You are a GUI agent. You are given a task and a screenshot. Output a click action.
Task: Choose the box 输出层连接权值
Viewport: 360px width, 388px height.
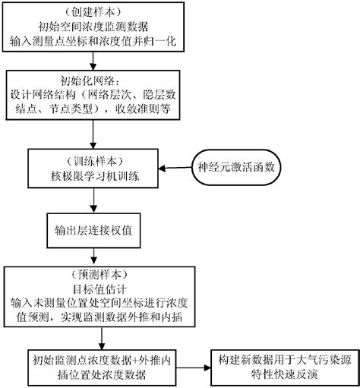(x=92, y=228)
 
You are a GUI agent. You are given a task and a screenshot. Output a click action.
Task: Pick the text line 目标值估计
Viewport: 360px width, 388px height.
(x=92, y=286)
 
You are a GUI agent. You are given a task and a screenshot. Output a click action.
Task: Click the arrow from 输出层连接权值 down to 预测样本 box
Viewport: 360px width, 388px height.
(x=92, y=254)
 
